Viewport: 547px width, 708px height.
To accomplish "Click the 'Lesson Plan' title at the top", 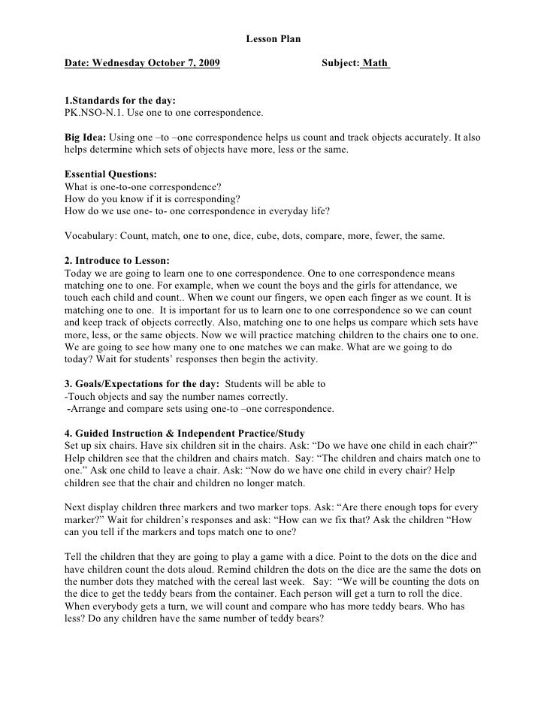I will [x=273, y=38].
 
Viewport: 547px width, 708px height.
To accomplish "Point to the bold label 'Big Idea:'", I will [x=86, y=138].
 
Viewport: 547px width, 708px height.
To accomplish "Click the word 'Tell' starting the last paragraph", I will [x=74, y=557].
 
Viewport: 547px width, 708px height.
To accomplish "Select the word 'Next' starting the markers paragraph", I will [x=76, y=507].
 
